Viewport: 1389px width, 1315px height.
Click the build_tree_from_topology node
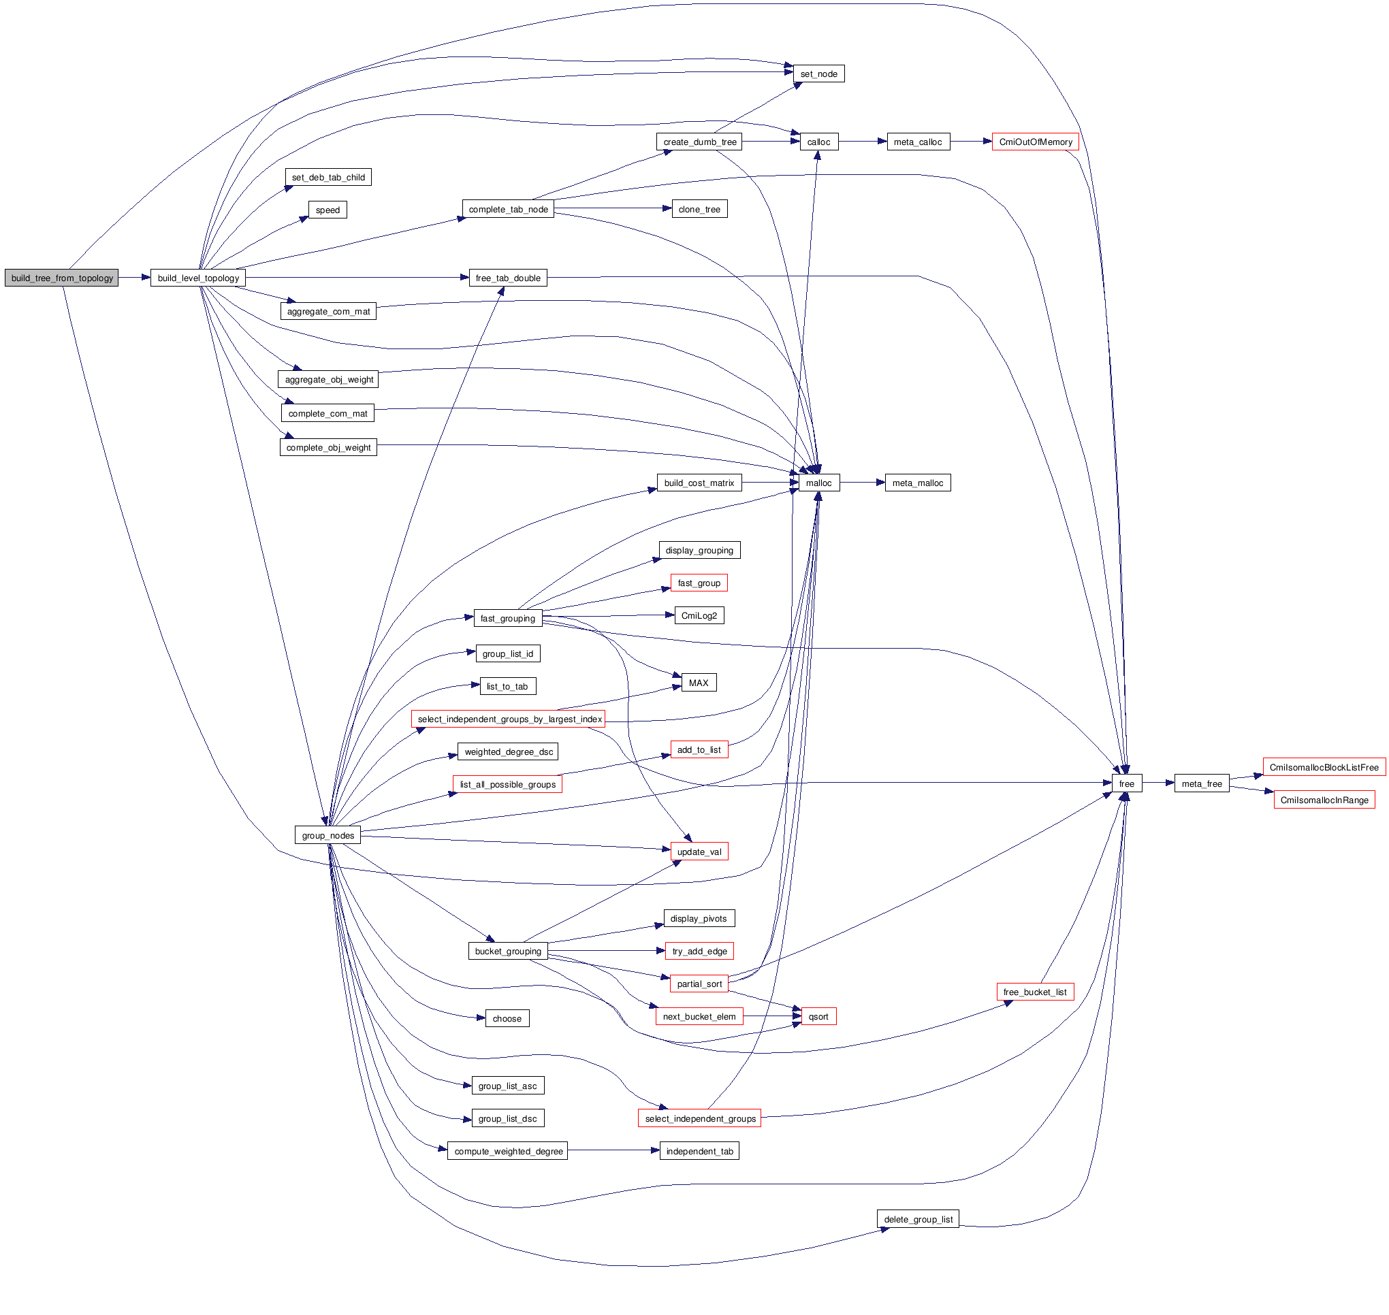62,278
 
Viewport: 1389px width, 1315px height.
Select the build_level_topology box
198,278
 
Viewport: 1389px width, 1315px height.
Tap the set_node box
819,74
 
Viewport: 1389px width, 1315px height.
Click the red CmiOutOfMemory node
1036,142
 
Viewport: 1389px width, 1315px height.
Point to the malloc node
819,483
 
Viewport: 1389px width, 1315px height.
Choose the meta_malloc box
918,483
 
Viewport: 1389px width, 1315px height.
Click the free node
1127,783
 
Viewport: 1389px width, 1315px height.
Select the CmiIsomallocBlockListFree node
1324,768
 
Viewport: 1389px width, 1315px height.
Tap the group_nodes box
328,836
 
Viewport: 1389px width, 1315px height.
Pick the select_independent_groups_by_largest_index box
509,719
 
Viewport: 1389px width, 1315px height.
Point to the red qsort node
818,1016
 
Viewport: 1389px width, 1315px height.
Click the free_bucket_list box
1035,992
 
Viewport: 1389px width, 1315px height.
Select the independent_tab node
700,1151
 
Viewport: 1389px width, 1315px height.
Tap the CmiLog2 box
699,615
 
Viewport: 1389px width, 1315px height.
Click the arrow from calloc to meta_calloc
863,142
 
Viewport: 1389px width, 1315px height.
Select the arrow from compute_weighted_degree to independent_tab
613,1151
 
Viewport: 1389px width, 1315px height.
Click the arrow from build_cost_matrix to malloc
770,483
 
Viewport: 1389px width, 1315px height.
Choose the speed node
328,210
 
